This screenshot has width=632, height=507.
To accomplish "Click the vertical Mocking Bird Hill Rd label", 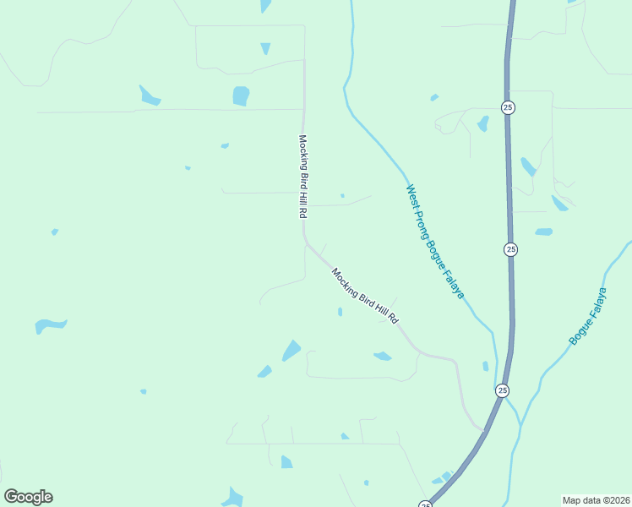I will [302, 177].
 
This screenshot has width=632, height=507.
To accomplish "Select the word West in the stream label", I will [411, 194].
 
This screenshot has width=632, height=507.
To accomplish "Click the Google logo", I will [28, 497].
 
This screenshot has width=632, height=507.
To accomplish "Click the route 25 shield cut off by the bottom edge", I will [425, 504].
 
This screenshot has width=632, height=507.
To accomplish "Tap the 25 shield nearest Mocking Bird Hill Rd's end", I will [502, 390].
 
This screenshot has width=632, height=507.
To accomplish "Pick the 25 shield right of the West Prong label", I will [510, 249].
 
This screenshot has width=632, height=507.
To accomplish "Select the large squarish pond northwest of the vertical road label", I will [241, 95].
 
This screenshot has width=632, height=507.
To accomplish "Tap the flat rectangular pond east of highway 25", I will [543, 232].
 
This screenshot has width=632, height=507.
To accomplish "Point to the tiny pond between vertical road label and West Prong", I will [342, 196].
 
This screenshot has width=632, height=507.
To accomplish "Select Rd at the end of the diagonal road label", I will [393, 321].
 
